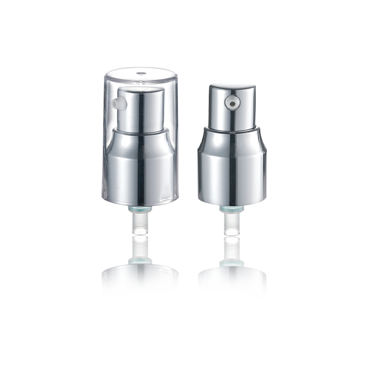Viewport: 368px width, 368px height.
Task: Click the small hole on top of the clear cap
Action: pos(138,72)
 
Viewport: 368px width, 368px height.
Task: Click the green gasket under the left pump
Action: pos(138,210)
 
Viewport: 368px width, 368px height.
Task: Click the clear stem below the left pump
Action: pos(138,225)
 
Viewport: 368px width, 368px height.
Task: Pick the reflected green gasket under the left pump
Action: pos(138,262)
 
